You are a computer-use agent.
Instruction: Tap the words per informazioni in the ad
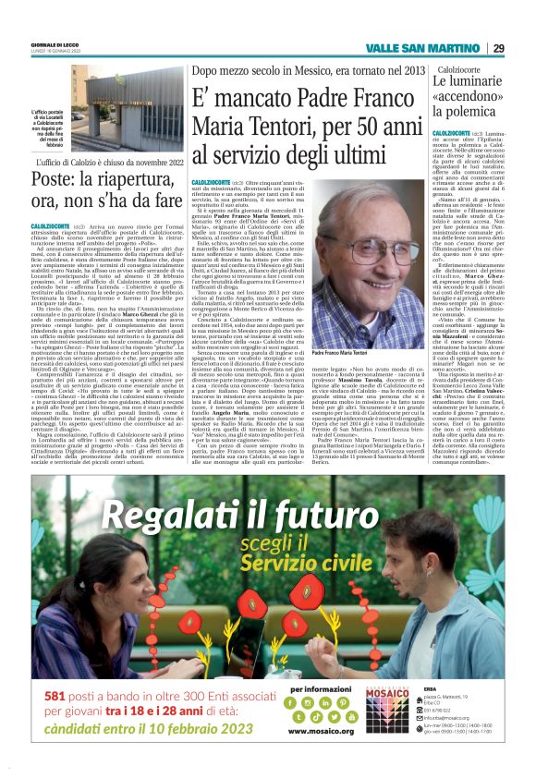pos(316,688)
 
